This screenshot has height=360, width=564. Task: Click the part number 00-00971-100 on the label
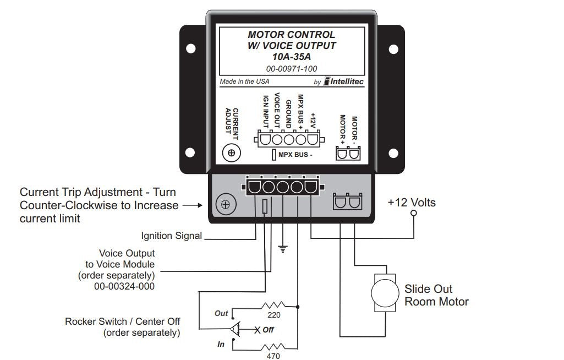pyautogui.click(x=291, y=68)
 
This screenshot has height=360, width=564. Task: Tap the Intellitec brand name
pyautogui.click(x=347, y=81)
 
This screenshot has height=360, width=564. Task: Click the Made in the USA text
pyautogui.click(x=245, y=81)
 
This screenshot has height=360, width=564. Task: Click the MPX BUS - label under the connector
pyautogui.click(x=296, y=155)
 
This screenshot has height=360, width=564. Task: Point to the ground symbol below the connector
pyautogui.click(x=283, y=249)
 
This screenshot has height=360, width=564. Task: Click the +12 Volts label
pyautogui.click(x=412, y=203)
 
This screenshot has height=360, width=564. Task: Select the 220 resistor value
pyautogui.click(x=273, y=315)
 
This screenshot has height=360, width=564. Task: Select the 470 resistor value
pyautogui.click(x=273, y=356)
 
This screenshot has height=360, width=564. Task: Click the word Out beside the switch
pyautogui.click(x=221, y=313)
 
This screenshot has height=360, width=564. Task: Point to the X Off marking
pyautogui.click(x=264, y=330)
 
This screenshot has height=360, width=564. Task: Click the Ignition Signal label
pyautogui.click(x=172, y=236)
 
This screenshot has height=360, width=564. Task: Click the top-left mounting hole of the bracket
pyautogui.click(x=190, y=48)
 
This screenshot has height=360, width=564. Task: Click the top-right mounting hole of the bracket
pyautogui.click(x=392, y=48)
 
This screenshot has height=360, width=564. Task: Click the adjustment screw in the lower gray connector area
pyautogui.click(x=225, y=205)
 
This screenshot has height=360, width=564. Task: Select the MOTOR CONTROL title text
pyautogui.click(x=291, y=35)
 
